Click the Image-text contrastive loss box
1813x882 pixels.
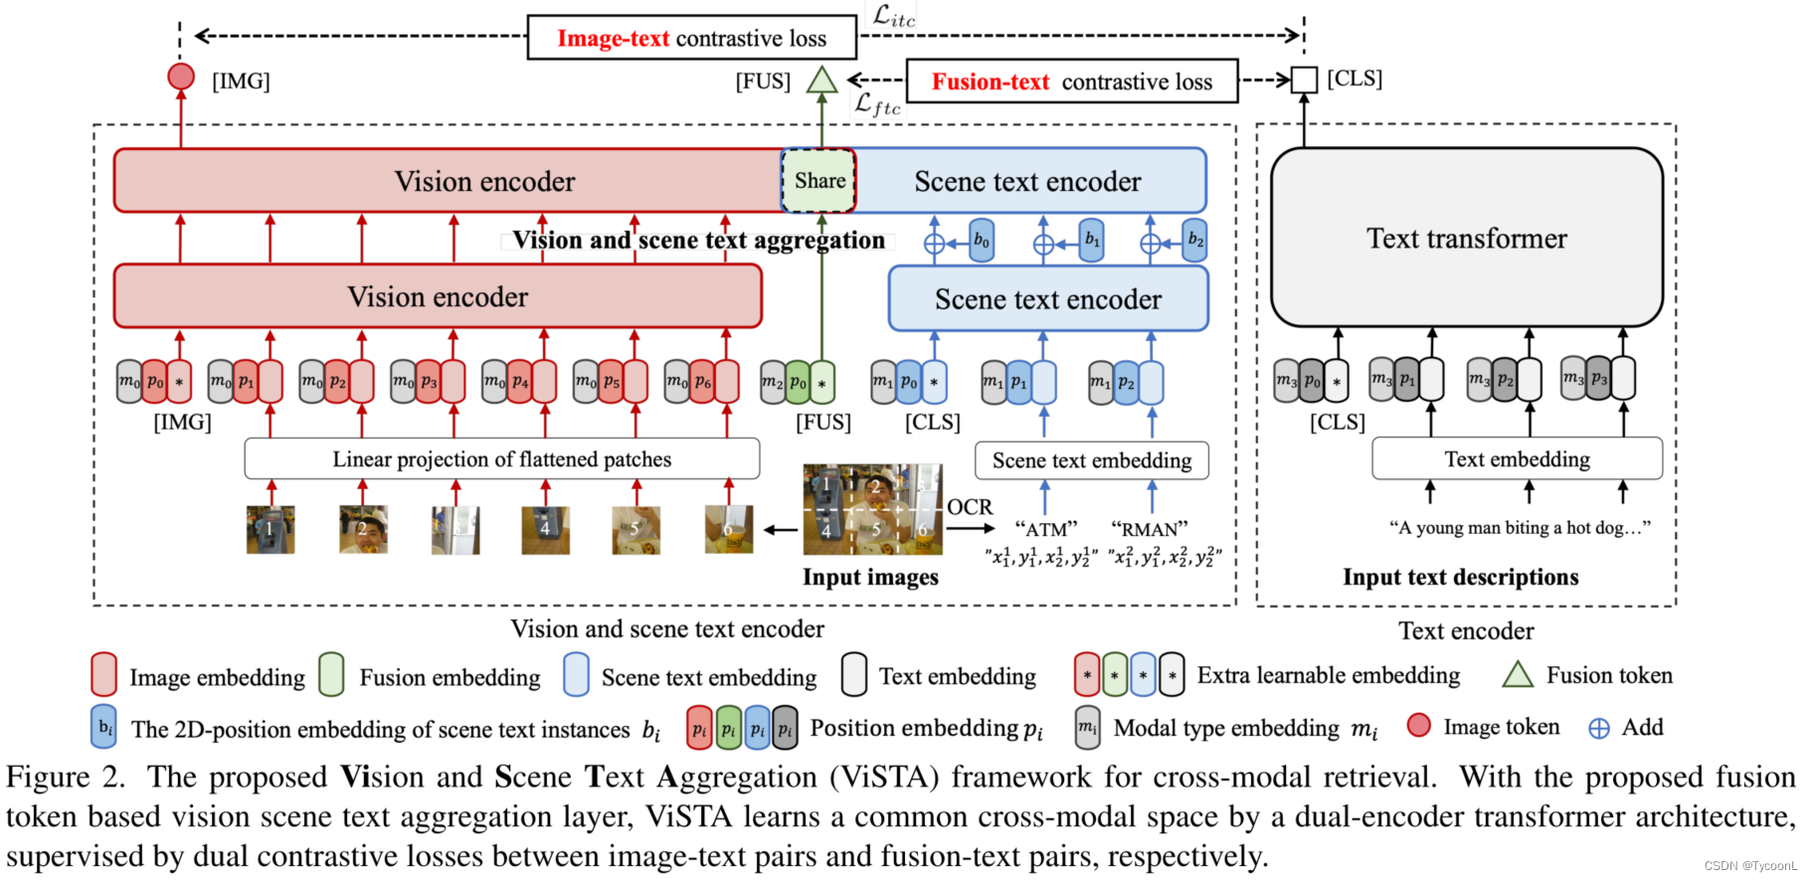691,38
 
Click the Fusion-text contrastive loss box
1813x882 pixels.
1072,82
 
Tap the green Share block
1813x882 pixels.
819,181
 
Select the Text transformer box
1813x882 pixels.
1466,239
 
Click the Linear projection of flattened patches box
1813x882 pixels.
501,459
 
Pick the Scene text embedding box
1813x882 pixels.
1091,460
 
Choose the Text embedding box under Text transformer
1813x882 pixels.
1517,459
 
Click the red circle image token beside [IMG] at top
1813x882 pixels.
181,77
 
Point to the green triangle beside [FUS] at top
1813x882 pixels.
821,81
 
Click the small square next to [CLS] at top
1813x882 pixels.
1304,80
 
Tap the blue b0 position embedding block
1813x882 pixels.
982,241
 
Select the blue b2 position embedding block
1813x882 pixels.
1195,241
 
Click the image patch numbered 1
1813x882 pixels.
271,530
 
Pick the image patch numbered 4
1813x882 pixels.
545,530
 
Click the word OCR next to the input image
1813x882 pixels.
970,507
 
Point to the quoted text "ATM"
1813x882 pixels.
1045,529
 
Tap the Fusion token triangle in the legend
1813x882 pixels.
1518,675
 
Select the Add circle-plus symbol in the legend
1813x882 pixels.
1599,729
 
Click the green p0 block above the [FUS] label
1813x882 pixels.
798,383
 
